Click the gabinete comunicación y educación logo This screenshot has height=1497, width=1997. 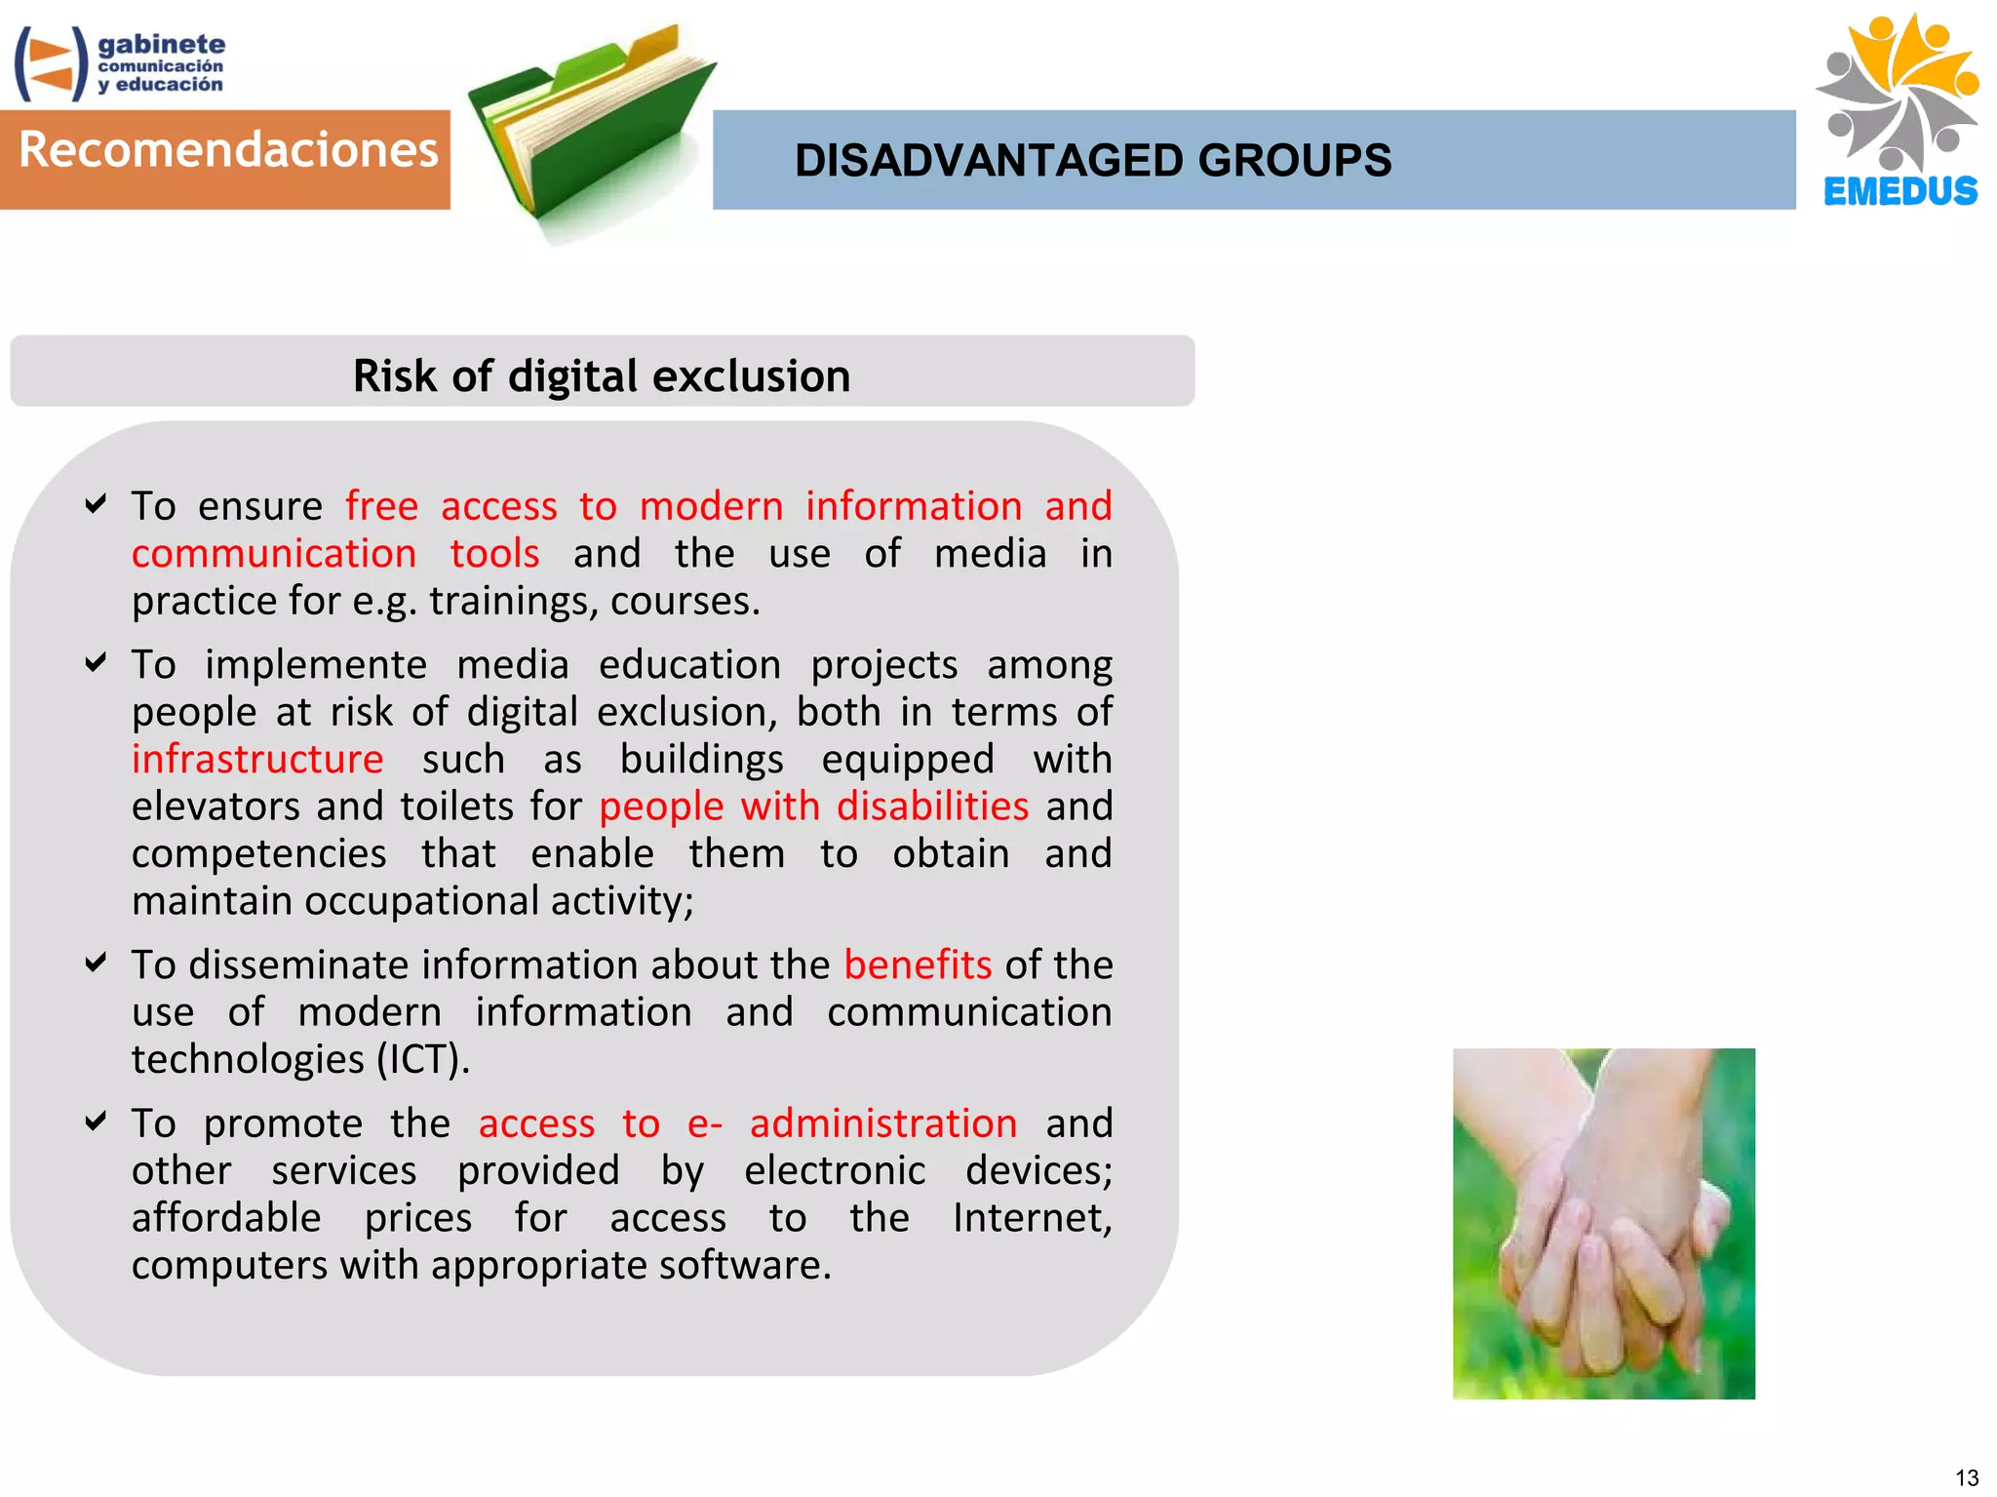coord(119,63)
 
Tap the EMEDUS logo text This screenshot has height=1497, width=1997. coord(1899,191)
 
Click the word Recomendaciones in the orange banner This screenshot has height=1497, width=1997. coord(228,150)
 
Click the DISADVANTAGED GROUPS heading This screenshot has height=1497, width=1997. coord(1092,161)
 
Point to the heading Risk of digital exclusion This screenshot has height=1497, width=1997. coord(602,375)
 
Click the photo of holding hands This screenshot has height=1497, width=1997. coord(1603,1223)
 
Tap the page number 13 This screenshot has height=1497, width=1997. coord(1966,1477)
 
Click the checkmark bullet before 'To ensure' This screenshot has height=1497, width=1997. coord(96,504)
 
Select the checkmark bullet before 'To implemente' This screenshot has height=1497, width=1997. coord(96,663)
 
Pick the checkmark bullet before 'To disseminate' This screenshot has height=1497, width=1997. coord(96,964)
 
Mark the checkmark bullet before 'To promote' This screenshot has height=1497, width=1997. coord(96,1122)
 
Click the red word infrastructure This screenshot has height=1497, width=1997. coord(257,759)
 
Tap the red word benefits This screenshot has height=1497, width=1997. coord(917,965)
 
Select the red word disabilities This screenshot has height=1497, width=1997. coord(932,807)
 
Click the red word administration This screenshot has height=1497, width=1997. coord(882,1123)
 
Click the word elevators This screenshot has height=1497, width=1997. coord(215,807)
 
